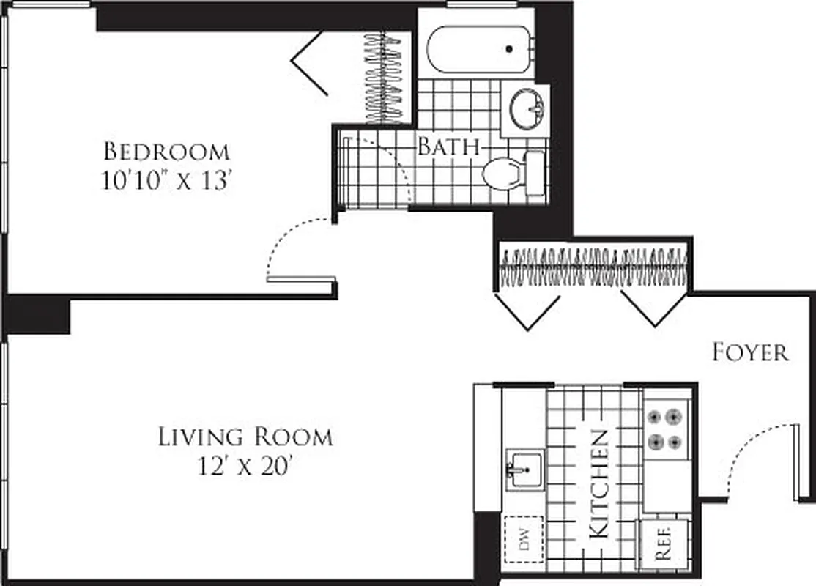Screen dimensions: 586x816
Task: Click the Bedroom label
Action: [166, 152]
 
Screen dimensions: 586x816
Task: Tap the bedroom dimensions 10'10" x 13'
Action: [166, 180]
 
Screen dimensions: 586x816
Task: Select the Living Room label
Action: [245, 437]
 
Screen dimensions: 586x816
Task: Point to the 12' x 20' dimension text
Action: [245, 466]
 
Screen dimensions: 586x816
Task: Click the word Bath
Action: [448, 146]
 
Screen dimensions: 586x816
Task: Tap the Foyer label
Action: [750, 353]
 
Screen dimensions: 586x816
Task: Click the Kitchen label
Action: [599, 484]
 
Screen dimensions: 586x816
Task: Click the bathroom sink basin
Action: [525, 108]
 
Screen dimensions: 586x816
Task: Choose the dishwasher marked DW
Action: [524, 540]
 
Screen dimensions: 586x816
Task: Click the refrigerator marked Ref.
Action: [664, 544]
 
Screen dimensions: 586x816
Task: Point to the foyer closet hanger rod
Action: [593, 266]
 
